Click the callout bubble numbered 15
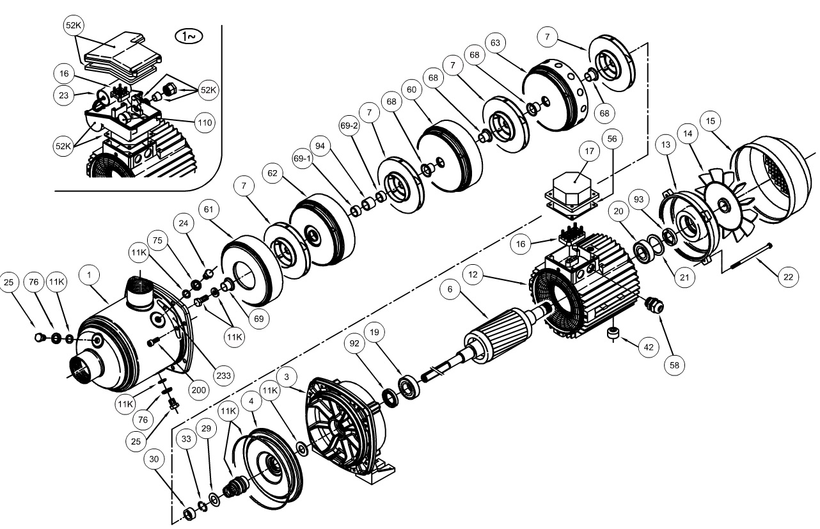click(710, 121)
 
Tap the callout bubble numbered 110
click(205, 123)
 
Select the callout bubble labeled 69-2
click(349, 126)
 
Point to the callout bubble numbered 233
click(224, 375)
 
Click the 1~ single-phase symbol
click(189, 36)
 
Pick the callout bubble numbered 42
click(649, 347)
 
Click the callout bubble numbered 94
click(320, 146)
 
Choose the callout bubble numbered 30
click(154, 459)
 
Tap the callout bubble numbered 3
click(287, 377)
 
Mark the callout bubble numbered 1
click(90, 274)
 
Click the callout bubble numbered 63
click(495, 43)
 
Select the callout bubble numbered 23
click(64, 95)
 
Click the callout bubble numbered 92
click(354, 343)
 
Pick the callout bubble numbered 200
click(199, 390)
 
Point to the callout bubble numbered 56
click(611, 139)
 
